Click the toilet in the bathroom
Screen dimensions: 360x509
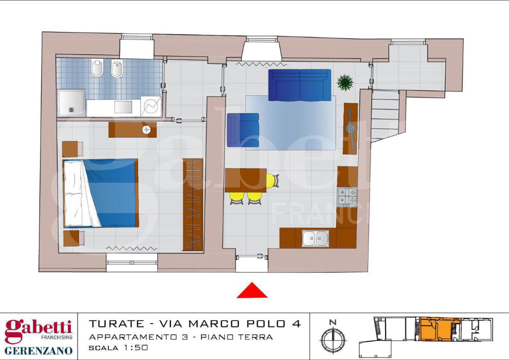click(x=97, y=68)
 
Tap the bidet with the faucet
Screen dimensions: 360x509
click(x=117, y=69)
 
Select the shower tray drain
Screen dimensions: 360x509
click(x=71, y=109)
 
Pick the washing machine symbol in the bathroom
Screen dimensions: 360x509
click(x=151, y=106)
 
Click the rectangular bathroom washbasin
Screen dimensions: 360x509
click(x=123, y=107)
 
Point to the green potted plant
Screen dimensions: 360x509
click(x=345, y=82)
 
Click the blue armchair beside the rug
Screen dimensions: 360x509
click(x=242, y=130)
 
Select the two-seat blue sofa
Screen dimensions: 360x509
click(x=299, y=84)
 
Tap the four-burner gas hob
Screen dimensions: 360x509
click(x=347, y=197)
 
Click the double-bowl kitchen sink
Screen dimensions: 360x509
click(x=315, y=238)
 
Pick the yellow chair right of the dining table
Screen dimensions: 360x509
click(x=272, y=180)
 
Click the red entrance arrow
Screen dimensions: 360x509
click(x=252, y=291)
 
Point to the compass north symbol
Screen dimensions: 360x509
click(x=333, y=336)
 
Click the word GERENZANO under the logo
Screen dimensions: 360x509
click(x=38, y=350)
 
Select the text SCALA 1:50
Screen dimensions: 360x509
click(x=118, y=347)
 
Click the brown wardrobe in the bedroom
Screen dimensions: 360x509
click(x=193, y=204)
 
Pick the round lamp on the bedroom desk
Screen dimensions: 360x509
click(x=146, y=129)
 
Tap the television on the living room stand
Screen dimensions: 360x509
click(x=350, y=128)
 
